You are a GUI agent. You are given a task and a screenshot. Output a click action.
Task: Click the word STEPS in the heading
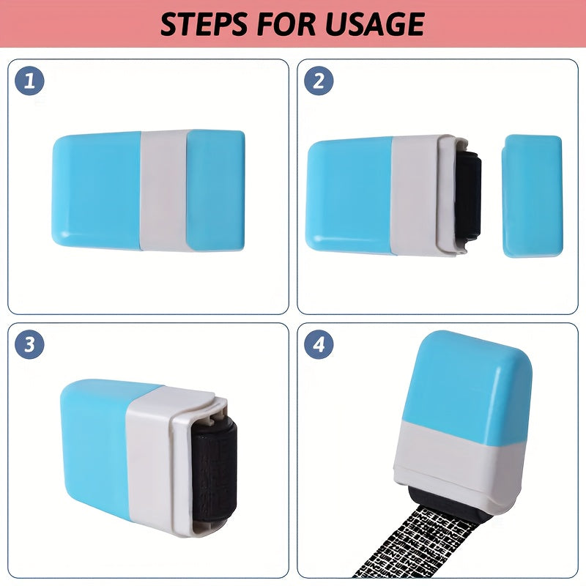pyautogui.click(x=204, y=24)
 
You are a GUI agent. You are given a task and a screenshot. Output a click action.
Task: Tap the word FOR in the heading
pyautogui.click(x=286, y=24)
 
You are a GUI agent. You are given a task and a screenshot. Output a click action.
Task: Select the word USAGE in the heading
pyautogui.click(x=375, y=24)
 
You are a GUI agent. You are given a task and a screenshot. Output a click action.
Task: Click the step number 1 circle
pyautogui.click(x=29, y=81)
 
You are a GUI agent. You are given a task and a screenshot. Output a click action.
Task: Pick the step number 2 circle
pyautogui.click(x=319, y=81)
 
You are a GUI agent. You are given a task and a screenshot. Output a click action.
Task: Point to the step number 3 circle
pyautogui.click(x=29, y=344)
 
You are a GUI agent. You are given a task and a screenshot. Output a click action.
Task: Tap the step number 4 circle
pyautogui.click(x=319, y=344)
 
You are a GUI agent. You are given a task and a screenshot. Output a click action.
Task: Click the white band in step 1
pyautogui.click(x=163, y=190)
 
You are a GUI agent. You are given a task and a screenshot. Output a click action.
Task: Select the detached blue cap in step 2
pyautogui.click(x=533, y=196)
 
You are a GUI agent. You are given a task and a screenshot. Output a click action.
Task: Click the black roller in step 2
pyautogui.click(x=468, y=196)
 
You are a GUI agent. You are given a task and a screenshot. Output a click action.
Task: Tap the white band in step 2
pyautogui.click(x=414, y=196)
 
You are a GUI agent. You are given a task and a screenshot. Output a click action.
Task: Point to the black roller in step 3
pyautogui.click(x=214, y=472)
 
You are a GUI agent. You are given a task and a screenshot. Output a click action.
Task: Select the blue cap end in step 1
pyautogui.click(x=216, y=190)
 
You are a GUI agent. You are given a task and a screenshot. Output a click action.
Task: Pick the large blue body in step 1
pyautogui.click(x=97, y=190)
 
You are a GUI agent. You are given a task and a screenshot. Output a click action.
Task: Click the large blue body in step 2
pyautogui.click(x=349, y=196)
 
